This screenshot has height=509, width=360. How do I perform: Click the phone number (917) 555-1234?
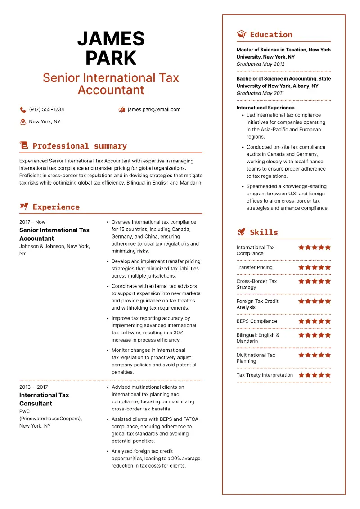(46, 109)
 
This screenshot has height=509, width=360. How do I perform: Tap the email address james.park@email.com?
(154, 109)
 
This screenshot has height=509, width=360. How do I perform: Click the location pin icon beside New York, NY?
(23, 122)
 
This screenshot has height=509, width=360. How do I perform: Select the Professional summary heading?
(80, 146)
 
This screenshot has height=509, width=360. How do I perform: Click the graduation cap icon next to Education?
(242, 34)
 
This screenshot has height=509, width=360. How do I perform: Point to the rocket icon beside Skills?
(242, 232)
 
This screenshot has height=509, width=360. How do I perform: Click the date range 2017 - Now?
(32, 222)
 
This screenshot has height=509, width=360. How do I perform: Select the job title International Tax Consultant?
(44, 399)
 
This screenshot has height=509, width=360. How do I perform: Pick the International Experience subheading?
(265, 108)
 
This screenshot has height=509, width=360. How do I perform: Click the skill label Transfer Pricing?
(255, 267)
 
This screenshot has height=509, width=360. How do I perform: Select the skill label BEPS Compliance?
(257, 321)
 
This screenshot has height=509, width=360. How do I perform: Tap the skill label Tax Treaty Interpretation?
(265, 375)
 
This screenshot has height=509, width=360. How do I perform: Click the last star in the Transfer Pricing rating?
(328, 267)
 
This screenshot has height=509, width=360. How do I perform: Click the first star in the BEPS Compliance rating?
(301, 321)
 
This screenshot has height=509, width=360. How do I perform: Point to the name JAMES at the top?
(111, 39)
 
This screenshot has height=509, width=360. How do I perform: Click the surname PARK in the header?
(111, 58)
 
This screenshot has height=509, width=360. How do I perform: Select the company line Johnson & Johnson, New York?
(54, 246)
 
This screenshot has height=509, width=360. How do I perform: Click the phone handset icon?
(23, 109)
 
